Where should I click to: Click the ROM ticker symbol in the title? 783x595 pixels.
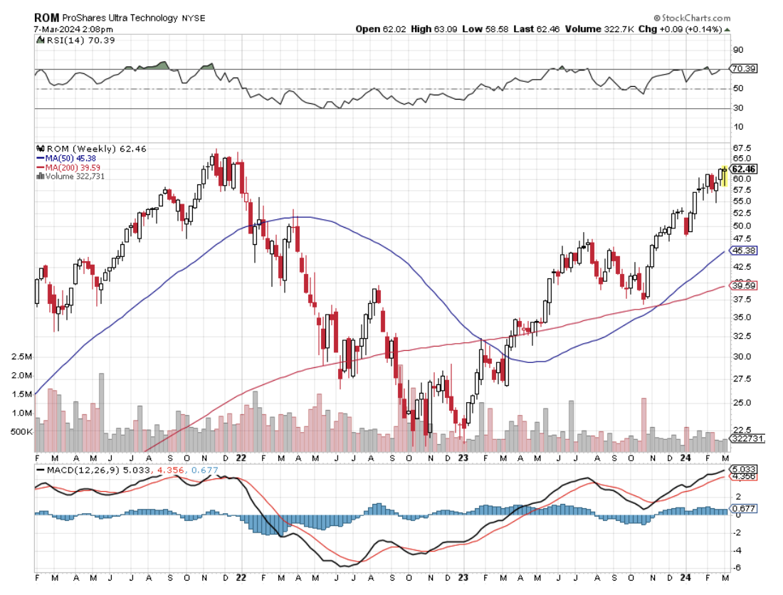pos(46,17)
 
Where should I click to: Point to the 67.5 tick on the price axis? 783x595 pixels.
pos(742,148)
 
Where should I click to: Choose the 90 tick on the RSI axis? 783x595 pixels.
pos(737,50)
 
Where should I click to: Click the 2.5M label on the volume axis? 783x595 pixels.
pos(23,357)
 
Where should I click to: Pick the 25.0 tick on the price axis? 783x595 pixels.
pos(742,402)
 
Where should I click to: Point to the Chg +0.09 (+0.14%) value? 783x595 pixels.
pos(688,29)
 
